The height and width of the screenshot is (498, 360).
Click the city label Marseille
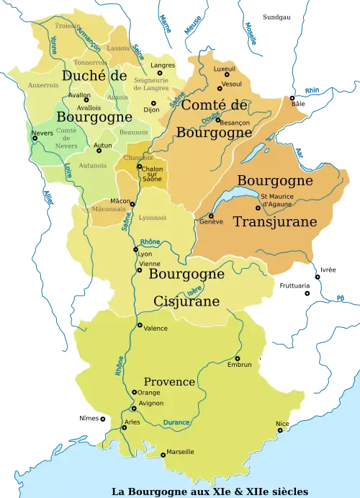pos(180,452)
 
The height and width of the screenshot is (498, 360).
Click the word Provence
pos(169,381)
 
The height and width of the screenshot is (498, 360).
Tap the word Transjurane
pos(275,222)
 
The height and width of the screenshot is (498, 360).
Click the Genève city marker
pos(211,215)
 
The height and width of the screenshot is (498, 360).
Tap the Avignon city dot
pos(133,408)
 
